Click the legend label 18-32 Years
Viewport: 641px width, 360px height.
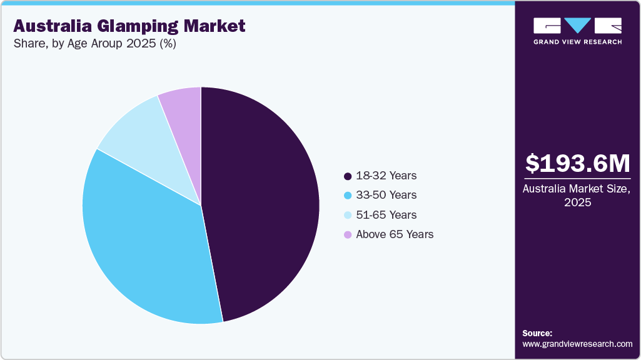[386, 176]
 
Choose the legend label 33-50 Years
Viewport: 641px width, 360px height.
[386, 195]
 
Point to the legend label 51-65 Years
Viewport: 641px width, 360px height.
[386, 215]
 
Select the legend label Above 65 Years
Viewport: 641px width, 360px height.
[395, 234]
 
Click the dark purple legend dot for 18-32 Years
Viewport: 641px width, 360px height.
[348, 176]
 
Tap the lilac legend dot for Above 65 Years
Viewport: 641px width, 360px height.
[348, 234]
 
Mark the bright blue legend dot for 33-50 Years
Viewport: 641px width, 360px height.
[348, 195]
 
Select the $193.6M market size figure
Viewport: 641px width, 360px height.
[578, 163]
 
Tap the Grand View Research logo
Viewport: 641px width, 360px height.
[577, 26]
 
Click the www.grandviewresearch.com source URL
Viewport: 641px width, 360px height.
[577, 344]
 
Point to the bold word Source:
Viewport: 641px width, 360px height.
[537, 333]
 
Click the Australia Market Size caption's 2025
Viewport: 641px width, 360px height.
[578, 202]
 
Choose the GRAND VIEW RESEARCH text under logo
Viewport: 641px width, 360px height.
[577, 42]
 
